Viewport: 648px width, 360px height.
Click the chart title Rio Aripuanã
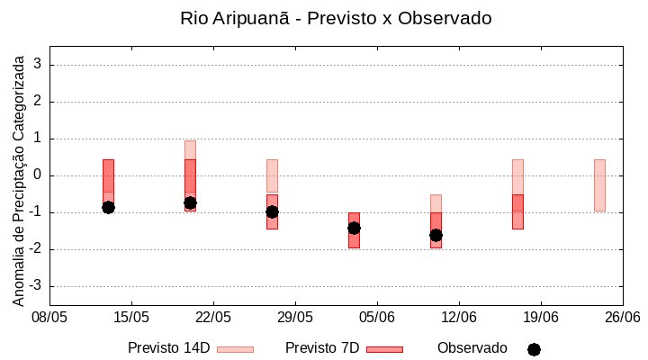[x=336, y=19]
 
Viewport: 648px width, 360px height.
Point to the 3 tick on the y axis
[x=38, y=65]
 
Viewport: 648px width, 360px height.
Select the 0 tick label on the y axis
[x=38, y=175]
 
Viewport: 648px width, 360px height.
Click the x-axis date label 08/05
[x=49, y=317]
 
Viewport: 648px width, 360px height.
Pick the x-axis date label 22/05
[x=213, y=317]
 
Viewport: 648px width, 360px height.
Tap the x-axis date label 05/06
[x=377, y=317]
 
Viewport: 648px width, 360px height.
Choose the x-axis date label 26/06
[x=623, y=317]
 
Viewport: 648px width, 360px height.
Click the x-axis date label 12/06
[x=459, y=317]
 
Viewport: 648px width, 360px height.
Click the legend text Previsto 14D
[x=168, y=348]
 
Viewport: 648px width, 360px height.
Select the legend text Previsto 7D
[x=322, y=348]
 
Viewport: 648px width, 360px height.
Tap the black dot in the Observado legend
[x=534, y=349]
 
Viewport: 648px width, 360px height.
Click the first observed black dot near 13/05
[x=108, y=207]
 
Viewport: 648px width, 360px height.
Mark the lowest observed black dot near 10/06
[x=436, y=235]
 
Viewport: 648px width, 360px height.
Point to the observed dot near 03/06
[x=354, y=228]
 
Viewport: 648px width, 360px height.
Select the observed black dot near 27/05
[x=272, y=211]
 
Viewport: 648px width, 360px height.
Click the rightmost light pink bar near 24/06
[x=599, y=184]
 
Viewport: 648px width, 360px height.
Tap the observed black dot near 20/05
[x=190, y=202]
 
